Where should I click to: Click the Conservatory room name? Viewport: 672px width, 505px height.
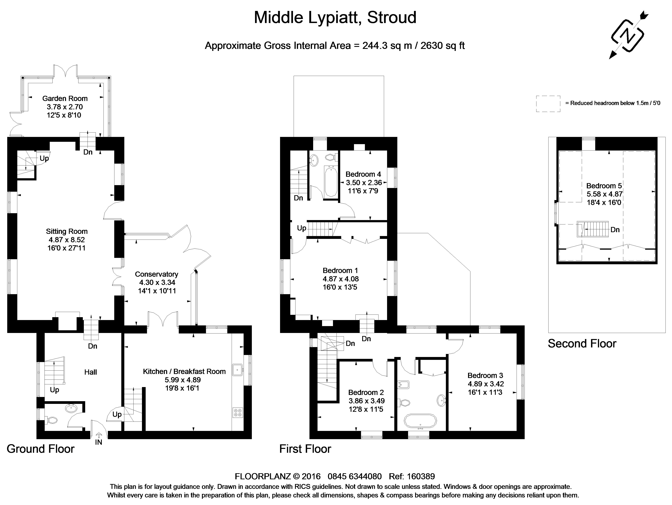[x=156, y=274]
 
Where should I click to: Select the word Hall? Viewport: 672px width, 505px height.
[x=91, y=372]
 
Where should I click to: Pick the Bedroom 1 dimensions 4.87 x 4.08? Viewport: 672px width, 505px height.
[x=341, y=279]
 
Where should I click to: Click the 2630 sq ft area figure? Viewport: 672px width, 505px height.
[x=443, y=46]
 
